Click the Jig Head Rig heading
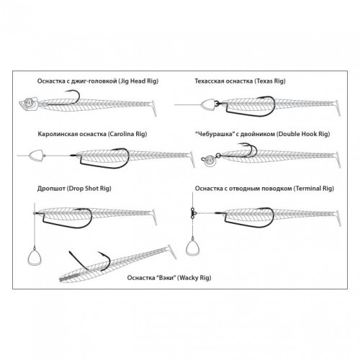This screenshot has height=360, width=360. (x=98, y=81)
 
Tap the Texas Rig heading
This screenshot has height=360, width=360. (x=240, y=81)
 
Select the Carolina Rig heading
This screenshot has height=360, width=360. (x=92, y=134)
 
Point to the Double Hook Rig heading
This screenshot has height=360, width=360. (x=263, y=134)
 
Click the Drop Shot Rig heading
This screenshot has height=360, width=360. (x=74, y=189)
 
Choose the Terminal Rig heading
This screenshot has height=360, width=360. (x=264, y=189)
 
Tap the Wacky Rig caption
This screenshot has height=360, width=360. (x=169, y=278)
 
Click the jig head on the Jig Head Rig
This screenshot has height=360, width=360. (x=29, y=104)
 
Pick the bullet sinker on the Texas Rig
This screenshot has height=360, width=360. (x=208, y=104)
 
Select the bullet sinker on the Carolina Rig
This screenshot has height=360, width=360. (x=36, y=156)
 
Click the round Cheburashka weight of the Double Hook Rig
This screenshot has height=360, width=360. (x=209, y=160)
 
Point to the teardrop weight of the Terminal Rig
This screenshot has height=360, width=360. (x=193, y=247)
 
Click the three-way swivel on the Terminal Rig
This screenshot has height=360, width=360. (x=193, y=213)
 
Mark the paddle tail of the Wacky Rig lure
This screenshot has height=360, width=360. (x=171, y=252)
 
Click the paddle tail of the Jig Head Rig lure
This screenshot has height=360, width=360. (x=154, y=109)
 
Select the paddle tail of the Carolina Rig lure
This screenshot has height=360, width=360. (x=192, y=160)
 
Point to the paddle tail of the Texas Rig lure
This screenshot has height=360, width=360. (x=337, y=109)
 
